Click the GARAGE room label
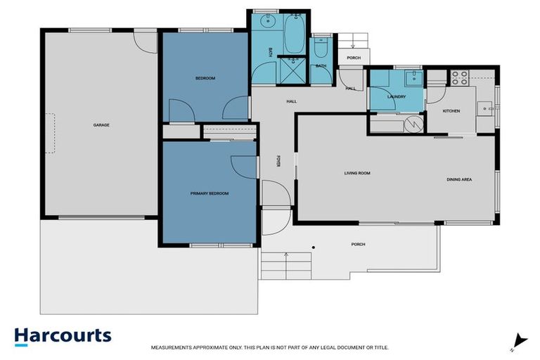(x=101, y=125)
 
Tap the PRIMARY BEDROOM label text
(x=210, y=193)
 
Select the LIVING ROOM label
(x=356, y=173)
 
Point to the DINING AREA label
(x=458, y=179)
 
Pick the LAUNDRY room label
(x=397, y=96)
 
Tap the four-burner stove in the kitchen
(x=460, y=77)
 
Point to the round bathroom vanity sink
(x=267, y=22)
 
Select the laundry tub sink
(x=413, y=77)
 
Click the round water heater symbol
(x=416, y=124)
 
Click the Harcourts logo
(x=63, y=335)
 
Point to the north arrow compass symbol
(x=518, y=341)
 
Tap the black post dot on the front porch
(x=314, y=247)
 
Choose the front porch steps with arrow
(x=286, y=266)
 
